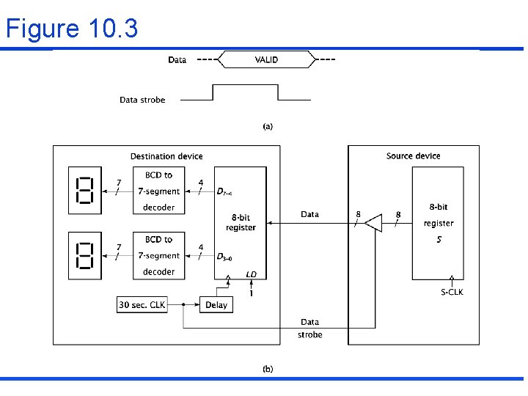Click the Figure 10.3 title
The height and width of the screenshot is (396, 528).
pyautogui.click(x=71, y=29)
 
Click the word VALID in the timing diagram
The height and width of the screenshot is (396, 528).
pyautogui.click(x=266, y=59)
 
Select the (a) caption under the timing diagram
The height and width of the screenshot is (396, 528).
pyautogui.click(x=268, y=126)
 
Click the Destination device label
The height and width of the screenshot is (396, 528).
pyautogui.click(x=166, y=156)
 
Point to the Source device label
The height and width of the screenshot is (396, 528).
pyautogui.click(x=413, y=156)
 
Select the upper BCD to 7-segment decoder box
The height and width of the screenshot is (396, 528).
pyautogui.click(x=158, y=191)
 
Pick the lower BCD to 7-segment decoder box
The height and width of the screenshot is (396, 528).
pyautogui.click(x=158, y=255)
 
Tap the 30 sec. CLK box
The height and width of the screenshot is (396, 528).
pyautogui.click(x=142, y=304)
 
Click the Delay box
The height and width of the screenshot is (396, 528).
pyautogui.click(x=216, y=304)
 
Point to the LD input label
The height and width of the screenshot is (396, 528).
pyautogui.click(x=252, y=274)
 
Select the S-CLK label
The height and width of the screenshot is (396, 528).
pyautogui.click(x=452, y=292)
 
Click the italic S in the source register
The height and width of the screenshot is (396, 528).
pyautogui.click(x=439, y=239)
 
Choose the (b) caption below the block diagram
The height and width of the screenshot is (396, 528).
pyautogui.click(x=268, y=368)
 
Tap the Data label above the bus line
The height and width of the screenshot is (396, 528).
pyautogui.click(x=309, y=214)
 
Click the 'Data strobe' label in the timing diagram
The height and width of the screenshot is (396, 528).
pyautogui.click(x=142, y=100)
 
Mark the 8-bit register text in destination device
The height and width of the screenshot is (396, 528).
pyautogui.click(x=241, y=222)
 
